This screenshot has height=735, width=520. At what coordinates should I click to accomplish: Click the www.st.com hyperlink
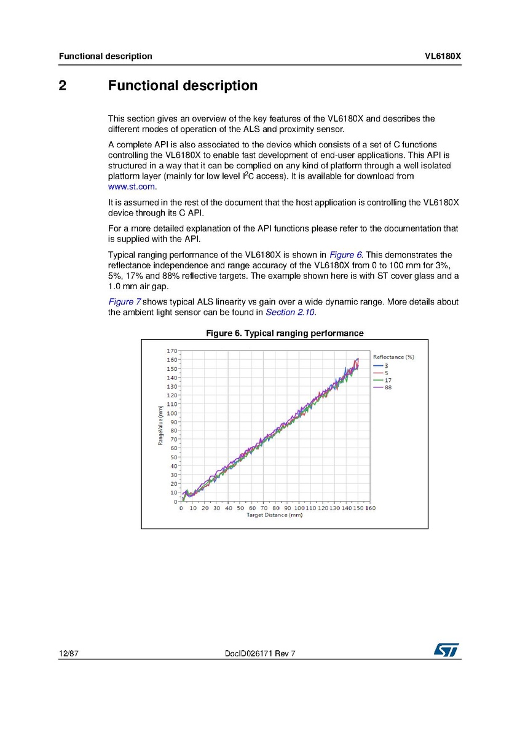tap(132, 187)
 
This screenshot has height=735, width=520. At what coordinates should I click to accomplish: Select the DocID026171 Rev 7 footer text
tap(261, 654)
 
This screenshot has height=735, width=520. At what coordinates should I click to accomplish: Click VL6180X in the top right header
tap(443, 56)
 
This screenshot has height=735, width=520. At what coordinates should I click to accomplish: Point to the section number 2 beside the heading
tap(63, 86)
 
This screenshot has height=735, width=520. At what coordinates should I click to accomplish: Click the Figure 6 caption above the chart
tap(284, 333)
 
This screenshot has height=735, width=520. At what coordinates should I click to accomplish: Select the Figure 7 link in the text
tap(125, 302)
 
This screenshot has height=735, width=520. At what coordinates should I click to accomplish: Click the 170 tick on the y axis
tap(172, 351)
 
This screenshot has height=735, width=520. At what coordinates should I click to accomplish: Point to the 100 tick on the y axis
tap(172, 413)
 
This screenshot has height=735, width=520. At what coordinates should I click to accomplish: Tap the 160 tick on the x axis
tap(370, 508)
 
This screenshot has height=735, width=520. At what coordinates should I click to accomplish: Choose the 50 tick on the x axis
tap(240, 508)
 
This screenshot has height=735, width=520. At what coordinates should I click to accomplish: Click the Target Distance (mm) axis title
tap(274, 515)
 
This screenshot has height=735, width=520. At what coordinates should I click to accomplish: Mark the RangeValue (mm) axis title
tap(160, 425)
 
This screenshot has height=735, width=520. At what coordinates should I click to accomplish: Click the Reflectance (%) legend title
tap(393, 357)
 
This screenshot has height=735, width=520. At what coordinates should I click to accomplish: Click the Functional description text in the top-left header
tap(105, 56)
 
